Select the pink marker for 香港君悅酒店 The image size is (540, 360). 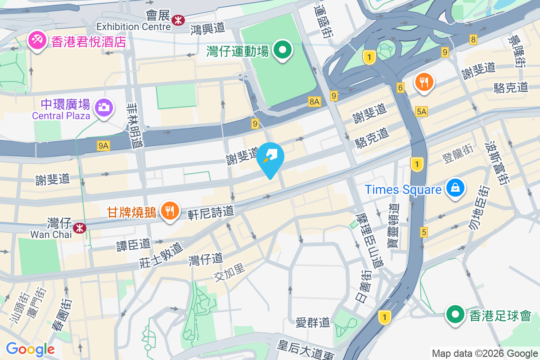point(37,41)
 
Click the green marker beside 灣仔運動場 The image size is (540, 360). point(283,50)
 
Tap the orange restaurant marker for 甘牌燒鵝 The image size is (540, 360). point(170,211)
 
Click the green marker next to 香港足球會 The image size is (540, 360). point(455,315)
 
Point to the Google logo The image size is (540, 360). point(30,349)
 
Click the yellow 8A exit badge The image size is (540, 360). point(314,102)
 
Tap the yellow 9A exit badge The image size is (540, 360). point(103,145)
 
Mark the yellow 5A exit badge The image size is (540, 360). point(422,111)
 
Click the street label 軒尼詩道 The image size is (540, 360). point(211,211)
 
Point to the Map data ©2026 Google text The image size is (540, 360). point(485,353)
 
